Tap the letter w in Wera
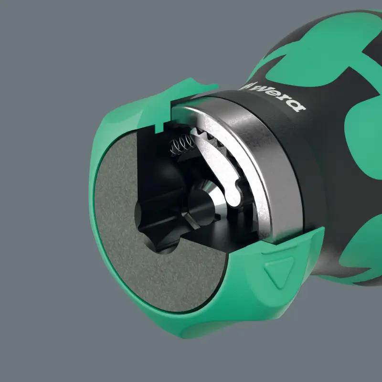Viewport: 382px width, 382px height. pyautogui.click(x=265, y=90)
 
